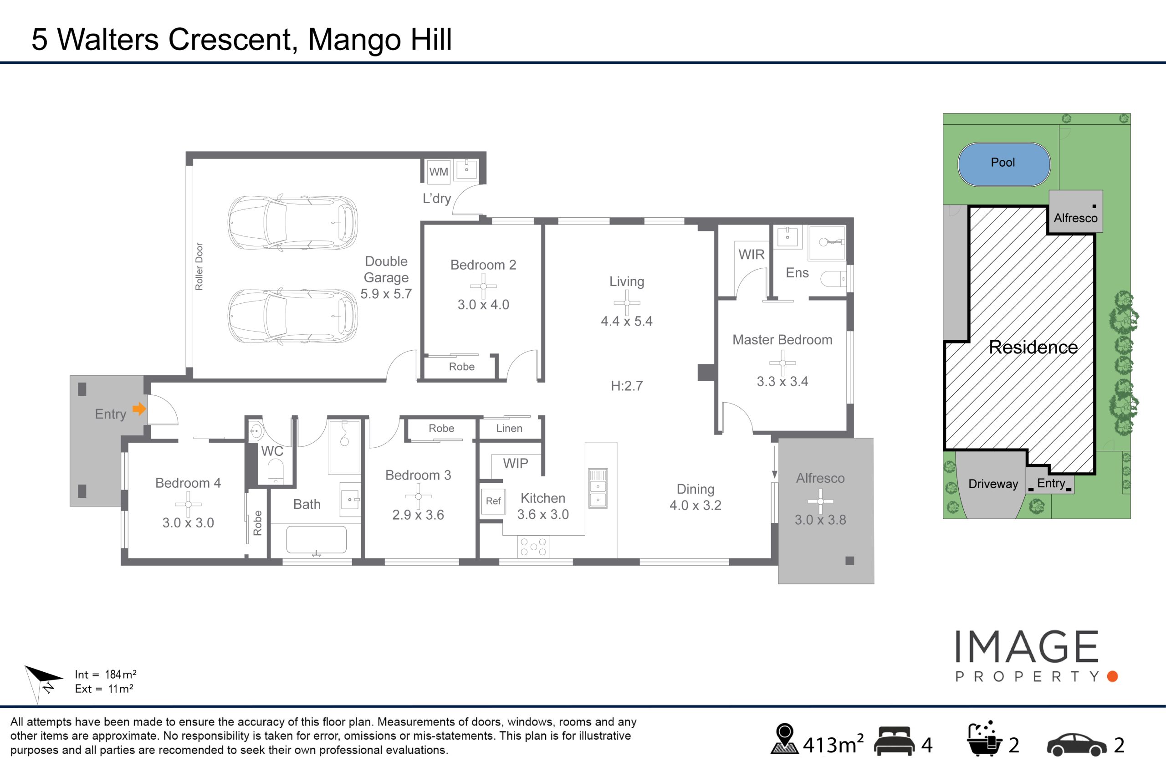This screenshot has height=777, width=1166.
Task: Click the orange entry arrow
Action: [x=139, y=409]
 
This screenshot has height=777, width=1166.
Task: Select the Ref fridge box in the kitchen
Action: [x=493, y=501]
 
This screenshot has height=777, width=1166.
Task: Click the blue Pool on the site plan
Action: [x=1004, y=164]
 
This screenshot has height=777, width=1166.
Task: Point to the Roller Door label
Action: [x=199, y=266]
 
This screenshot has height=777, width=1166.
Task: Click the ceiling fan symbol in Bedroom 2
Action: [x=483, y=286]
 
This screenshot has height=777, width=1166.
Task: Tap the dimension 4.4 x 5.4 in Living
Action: [x=626, y=321]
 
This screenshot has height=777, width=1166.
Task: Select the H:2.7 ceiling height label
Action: [x=626, y=385]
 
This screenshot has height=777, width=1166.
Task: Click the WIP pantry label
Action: [x=515, y=463]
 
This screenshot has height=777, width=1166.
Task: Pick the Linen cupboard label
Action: [x=509, y=428]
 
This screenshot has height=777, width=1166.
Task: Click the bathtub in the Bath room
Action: [x=316, y=540]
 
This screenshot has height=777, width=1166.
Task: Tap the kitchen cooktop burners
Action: [x=533, y=547]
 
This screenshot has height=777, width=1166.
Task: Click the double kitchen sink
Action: [x=598, y=488]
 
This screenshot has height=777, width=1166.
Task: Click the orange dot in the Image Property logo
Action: [x=1112, y=676]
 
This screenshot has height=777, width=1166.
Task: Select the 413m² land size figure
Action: [x=833, y=744]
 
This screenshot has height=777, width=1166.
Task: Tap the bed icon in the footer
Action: [x=895, y=741]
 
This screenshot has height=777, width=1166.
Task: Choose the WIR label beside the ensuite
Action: [x=751, y=254]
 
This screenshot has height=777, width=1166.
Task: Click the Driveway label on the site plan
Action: [x=993, y=484]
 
